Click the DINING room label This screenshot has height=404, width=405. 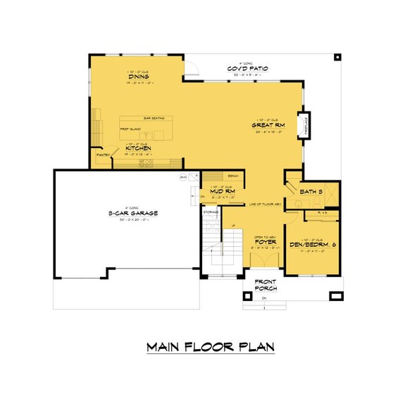(137, 78)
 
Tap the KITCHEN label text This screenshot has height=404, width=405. (137, 149)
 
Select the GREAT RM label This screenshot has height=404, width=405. (267, 126)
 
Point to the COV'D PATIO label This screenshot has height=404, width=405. (246, 68)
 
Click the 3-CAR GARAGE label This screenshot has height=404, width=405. (132, 212)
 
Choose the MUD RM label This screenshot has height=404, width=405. (221, 192)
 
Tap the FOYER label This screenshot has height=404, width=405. (263, 241)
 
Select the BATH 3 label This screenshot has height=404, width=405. (311, 191)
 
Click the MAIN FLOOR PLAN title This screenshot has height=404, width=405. (211, 347)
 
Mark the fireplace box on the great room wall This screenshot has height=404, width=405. (304, 126)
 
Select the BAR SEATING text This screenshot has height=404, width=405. (153, 118)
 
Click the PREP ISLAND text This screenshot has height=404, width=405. (132, 130)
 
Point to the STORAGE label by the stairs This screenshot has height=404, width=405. (211, 211)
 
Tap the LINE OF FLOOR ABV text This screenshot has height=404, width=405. (266, 204)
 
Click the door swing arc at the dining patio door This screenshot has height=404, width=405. (189, 68)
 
